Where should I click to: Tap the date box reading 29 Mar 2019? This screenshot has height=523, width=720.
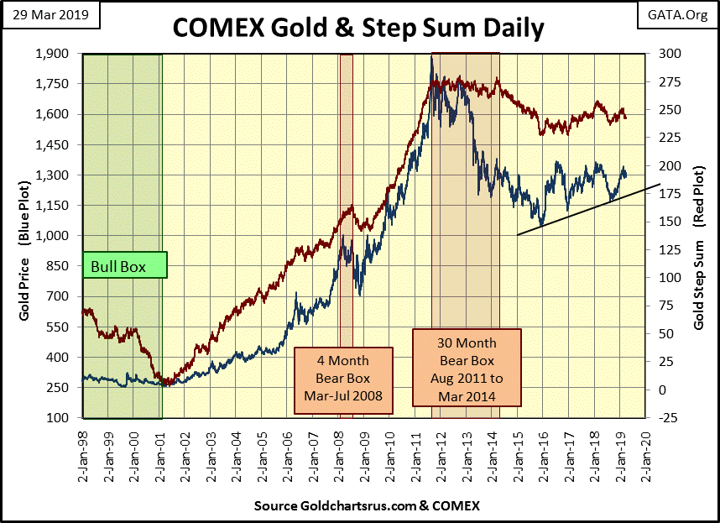point(51,15)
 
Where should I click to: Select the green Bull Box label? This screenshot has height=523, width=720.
point(124,267)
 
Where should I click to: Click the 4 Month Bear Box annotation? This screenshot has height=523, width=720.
point(343,380)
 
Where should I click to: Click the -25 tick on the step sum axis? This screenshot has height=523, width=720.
point(661,418)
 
